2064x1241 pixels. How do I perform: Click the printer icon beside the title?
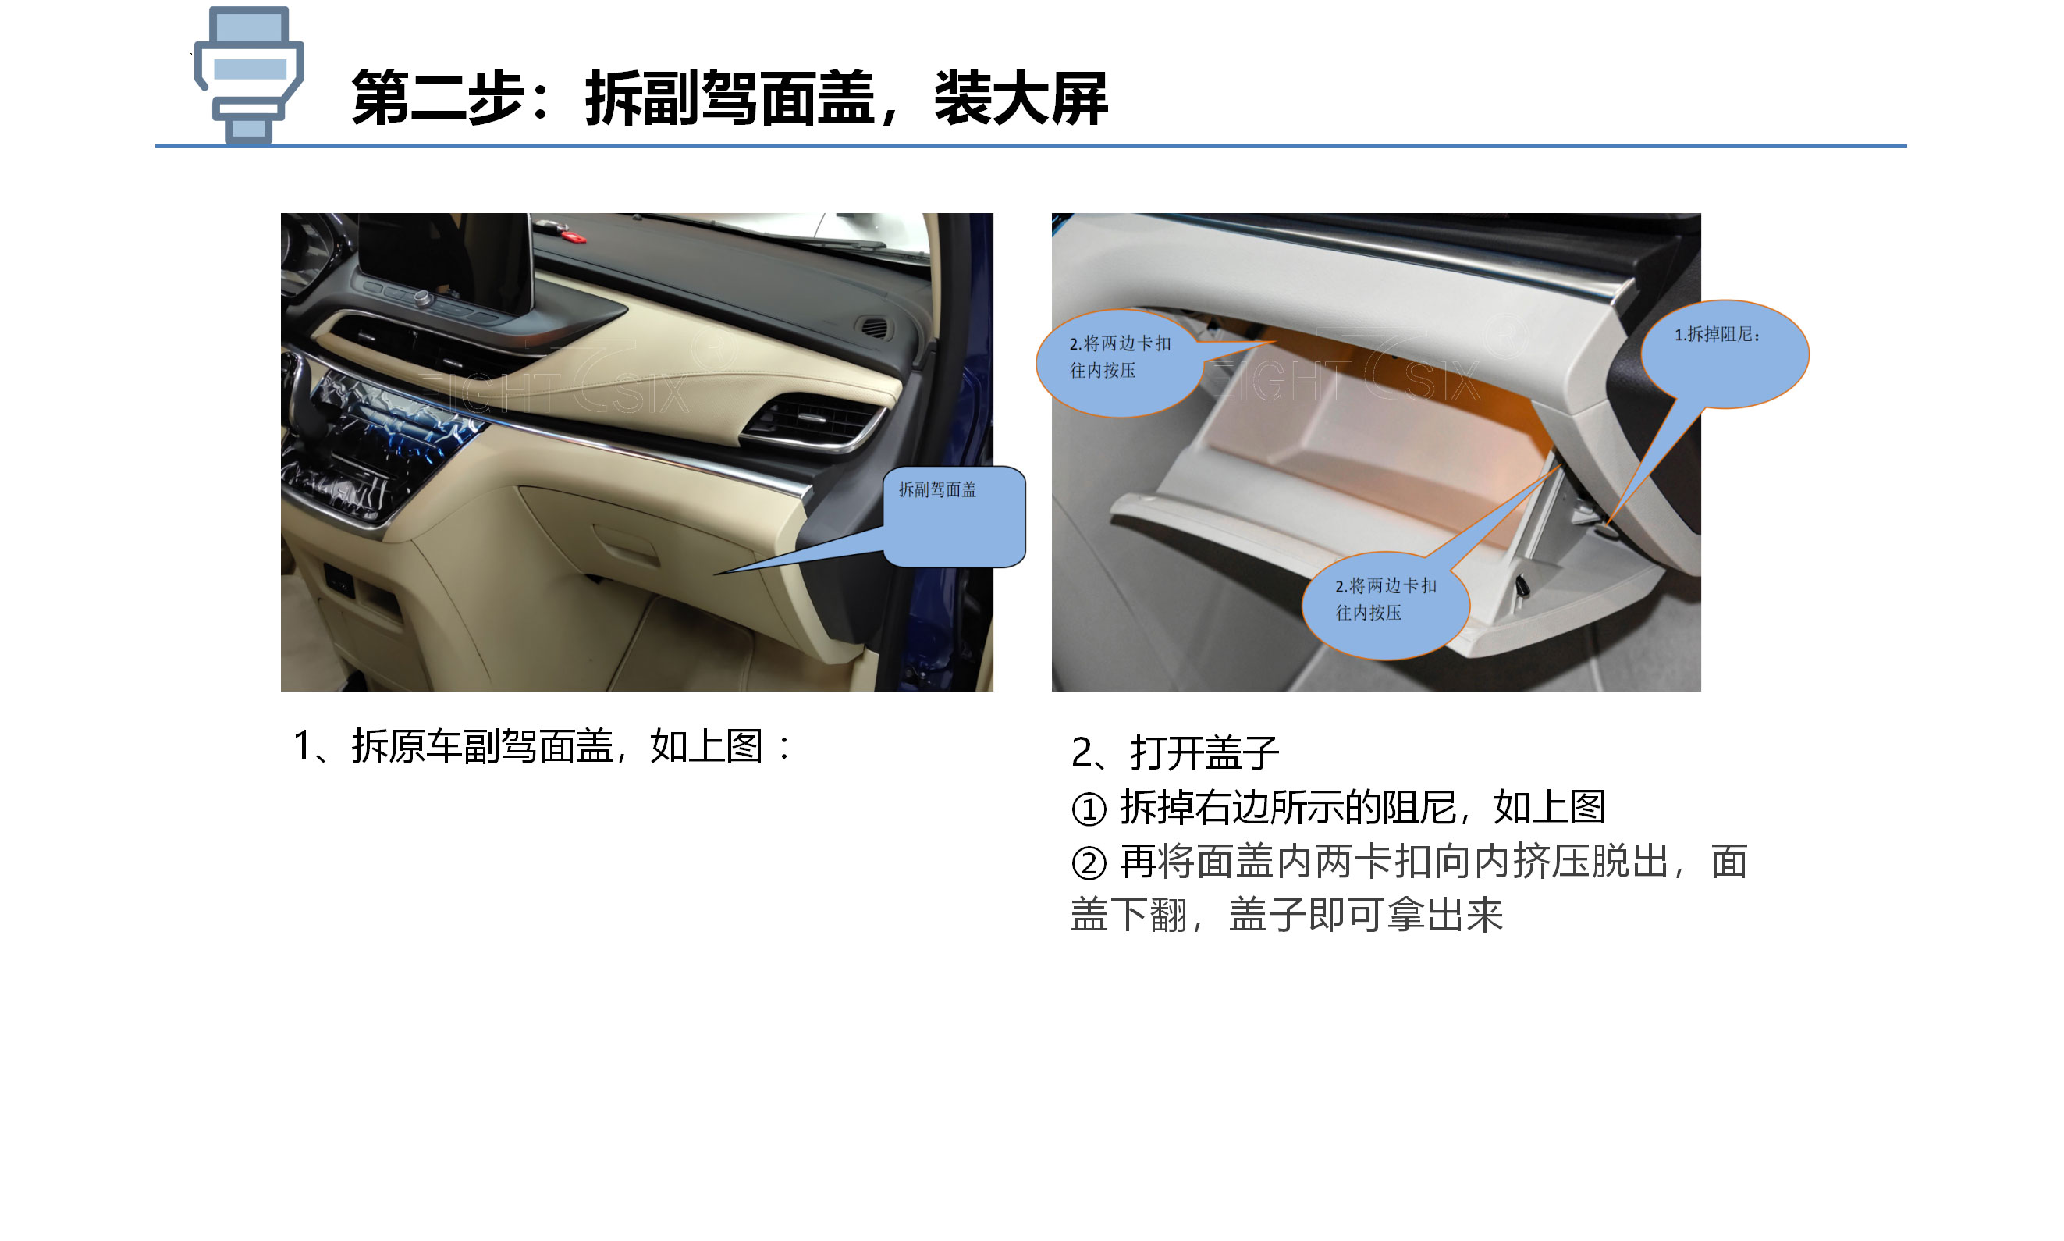click(x=248, y=74)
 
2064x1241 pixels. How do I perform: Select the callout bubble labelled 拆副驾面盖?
click(x=953, y=516)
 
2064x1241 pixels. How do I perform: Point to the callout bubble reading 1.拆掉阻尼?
click(x=1724, y=354)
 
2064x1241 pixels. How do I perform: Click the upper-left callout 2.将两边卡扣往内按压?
click(x=1118, y=363)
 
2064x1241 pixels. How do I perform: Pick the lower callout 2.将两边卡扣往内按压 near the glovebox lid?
click(x=1385, y=606)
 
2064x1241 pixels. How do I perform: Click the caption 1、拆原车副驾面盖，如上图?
click(x=540, y=746)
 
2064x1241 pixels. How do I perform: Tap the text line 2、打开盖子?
click(x=1174, y=752)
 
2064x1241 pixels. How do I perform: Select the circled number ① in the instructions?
click(x=1089, y=809)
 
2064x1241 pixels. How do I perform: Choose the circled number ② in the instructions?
click(x=1089, y=863)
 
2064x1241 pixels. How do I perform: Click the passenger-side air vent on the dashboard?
click(x=813, y=420)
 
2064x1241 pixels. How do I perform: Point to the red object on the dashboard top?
click(x=574, y=236)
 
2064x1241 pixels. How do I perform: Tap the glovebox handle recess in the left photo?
click(x=625, y=543)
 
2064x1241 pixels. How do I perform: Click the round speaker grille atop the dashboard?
click(x=873, y=327)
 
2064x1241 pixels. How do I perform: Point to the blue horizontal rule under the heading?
click(x=1030, y=145)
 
